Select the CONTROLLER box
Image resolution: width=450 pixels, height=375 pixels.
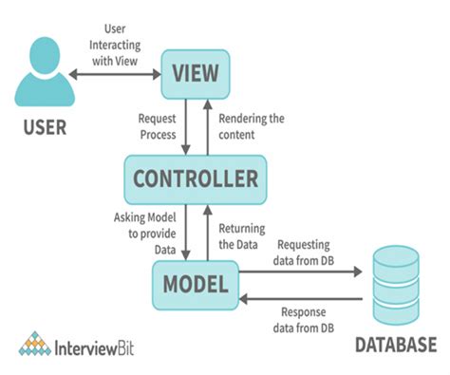(194, 178)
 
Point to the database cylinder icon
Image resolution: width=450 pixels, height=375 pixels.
(394, 282)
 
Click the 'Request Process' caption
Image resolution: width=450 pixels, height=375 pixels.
(154, 125)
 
